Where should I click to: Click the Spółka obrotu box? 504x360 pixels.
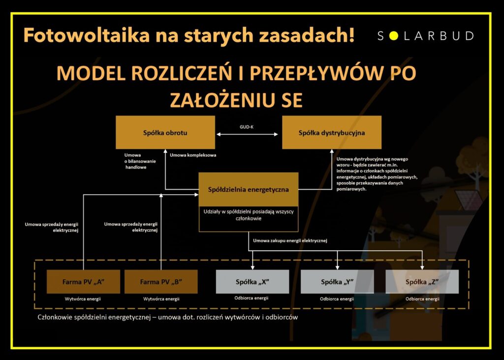point(165,132)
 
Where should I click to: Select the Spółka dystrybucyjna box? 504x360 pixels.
point(331,132)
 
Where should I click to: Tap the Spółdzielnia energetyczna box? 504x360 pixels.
point(248,189)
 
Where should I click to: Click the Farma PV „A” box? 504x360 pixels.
point(83,282)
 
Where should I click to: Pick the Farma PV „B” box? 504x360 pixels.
point(161,282)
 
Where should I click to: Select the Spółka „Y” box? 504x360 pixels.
point(337,282)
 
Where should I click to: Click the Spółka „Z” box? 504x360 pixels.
point(422,282)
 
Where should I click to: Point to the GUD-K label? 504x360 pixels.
point(247,127)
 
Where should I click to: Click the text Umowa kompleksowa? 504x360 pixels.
point(193,156)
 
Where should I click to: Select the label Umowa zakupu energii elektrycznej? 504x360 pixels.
point(290,240)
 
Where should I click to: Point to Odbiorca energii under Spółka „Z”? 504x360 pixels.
point(422,299)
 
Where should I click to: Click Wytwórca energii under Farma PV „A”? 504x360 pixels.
point(83,299)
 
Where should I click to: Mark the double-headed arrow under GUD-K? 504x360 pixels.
point(248,134)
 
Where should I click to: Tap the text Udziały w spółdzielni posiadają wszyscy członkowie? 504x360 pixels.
point(248,215)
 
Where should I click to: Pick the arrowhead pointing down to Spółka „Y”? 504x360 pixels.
point(337,266)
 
